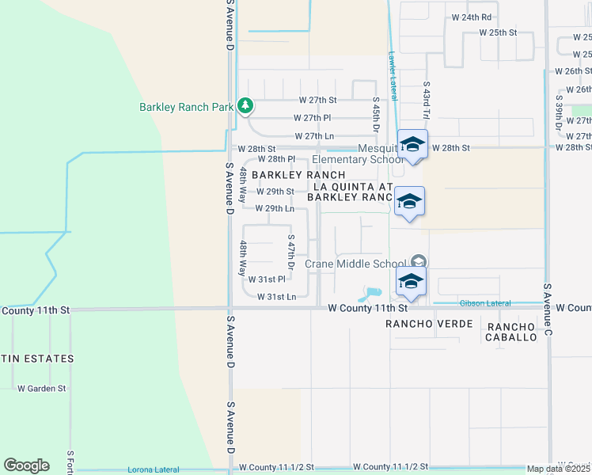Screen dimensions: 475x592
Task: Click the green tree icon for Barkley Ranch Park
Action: tap(246, 105)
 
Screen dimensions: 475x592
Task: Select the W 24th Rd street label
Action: tap(472, 17)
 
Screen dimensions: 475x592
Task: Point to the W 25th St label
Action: tap(498, 33)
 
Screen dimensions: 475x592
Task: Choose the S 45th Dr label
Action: tap(377, 116)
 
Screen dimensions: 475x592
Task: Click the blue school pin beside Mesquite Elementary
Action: tap(412, 145)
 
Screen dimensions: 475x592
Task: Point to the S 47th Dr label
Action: tap(291, 253)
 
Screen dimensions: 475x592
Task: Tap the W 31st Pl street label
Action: tap(267, 279)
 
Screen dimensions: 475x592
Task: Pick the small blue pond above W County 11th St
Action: tap(369, 294)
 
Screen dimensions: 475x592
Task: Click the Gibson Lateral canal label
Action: tap(484, 303)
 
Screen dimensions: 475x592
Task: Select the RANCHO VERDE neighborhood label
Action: tap(429, 325)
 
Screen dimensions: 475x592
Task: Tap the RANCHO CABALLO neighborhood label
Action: tap(511, 332)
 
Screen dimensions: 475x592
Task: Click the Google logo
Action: tap(26, 465)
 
